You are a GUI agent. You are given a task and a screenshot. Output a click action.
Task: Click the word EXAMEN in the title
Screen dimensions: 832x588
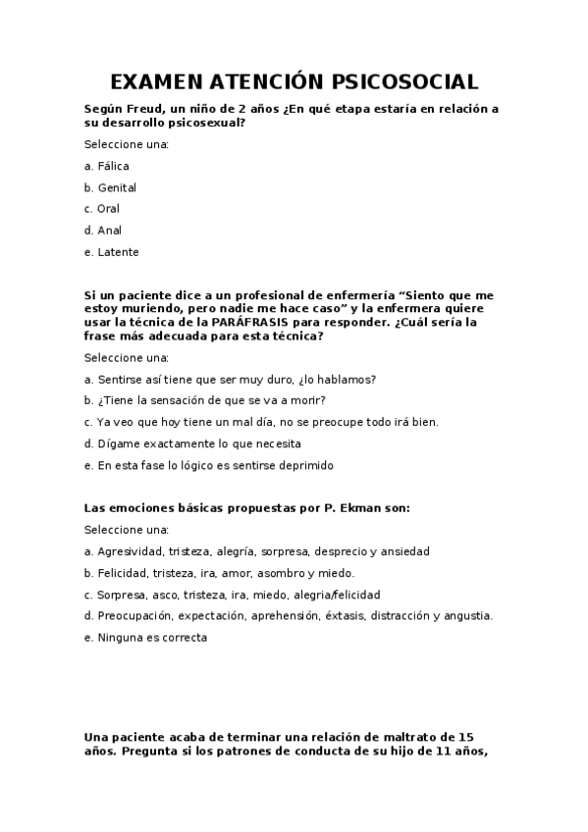156,81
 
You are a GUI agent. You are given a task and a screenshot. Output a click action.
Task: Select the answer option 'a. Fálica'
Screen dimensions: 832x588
107,166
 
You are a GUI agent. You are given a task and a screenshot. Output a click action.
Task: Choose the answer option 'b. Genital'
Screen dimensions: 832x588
111,187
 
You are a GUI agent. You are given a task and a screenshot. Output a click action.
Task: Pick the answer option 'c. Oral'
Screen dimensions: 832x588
102,209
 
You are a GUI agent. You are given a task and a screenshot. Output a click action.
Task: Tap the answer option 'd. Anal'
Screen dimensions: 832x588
103,231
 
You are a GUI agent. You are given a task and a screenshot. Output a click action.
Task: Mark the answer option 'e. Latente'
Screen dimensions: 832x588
112,252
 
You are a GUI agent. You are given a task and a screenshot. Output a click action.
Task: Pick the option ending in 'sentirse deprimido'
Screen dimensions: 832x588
210,465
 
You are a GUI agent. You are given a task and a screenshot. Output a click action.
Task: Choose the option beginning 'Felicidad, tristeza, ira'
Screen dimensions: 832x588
220,573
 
